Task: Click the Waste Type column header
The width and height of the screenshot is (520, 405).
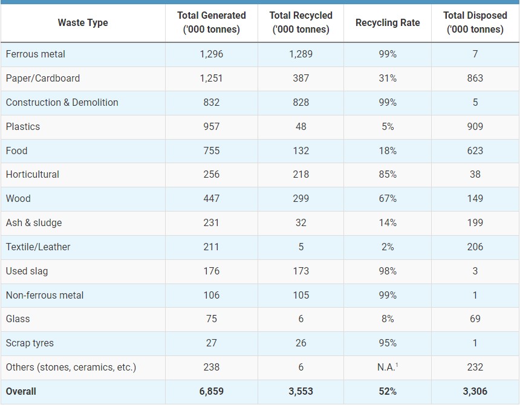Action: (83, 23)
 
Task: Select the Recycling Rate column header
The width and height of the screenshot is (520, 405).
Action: (388, 23)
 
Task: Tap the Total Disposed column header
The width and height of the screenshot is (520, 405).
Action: (475, 22)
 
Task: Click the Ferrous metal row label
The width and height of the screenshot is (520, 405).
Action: (36, 54)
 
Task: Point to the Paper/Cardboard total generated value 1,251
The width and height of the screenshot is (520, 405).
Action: (211, 78)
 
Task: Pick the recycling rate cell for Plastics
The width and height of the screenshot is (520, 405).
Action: (388, 126)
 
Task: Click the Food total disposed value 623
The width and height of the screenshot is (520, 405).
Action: (475, 151)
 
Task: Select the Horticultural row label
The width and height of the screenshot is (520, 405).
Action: (33, 174)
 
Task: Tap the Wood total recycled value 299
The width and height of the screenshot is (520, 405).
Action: (301, 198)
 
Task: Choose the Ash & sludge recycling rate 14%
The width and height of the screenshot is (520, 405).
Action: (388, 222)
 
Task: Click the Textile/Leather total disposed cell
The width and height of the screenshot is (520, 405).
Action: (475, 247)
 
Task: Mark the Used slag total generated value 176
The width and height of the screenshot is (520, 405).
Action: (211, 271)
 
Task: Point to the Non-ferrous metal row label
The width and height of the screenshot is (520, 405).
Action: (45, 295)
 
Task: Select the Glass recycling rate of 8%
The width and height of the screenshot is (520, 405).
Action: (388, 319)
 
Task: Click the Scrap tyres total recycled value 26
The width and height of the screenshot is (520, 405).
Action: (301, 343)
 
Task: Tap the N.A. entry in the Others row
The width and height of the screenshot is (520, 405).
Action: (387, 367)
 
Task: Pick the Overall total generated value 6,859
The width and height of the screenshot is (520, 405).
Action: (211, 391)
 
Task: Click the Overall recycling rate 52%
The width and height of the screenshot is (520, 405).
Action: (388, 391)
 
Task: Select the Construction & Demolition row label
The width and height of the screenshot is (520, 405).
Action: (62, 102)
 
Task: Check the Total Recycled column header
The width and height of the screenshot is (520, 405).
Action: (301, 22)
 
